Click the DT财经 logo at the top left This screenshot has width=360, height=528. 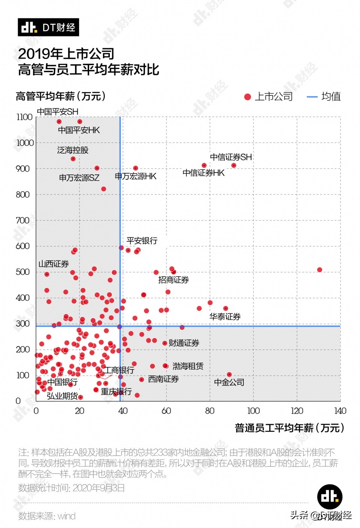coord(48,27)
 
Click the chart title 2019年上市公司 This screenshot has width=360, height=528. coord(66,54)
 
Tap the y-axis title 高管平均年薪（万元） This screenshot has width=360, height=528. coord(61,96)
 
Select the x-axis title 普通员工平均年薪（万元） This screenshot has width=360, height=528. coord(289,428)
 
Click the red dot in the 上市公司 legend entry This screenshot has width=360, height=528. coord(247,97)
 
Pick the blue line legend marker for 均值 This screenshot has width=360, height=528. coord(312,97)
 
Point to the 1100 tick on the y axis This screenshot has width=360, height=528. coord(24,117)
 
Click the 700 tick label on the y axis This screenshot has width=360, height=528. coord(22,220)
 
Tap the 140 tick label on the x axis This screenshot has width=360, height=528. coord(340,411)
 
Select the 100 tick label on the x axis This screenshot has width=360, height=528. coord(253,411)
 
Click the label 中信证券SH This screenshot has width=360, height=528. coord(231,157)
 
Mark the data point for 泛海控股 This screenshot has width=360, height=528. coord(73,159)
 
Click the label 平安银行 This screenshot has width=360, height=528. coord(142,241)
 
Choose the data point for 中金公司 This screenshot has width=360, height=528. coord(229,374)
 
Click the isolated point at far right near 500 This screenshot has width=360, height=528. coord(319,270)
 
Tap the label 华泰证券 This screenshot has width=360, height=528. coord(225,317)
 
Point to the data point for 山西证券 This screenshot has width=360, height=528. coord(47,274)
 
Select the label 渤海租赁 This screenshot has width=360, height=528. coord(188,366)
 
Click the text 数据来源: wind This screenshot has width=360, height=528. coord(47,516)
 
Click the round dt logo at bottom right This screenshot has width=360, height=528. coord(330,497)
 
